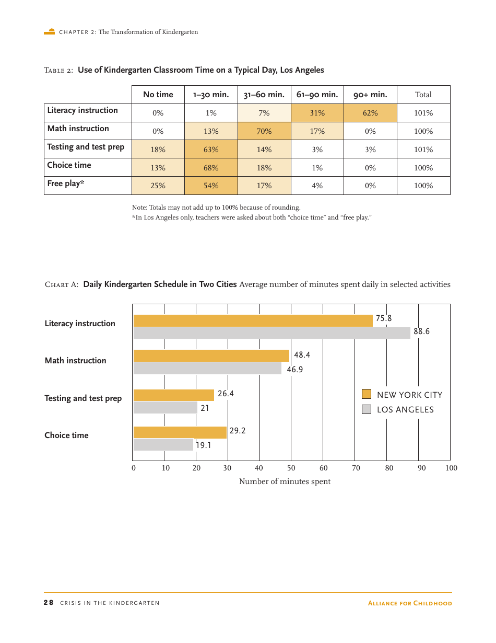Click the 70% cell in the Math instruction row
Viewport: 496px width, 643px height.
coord(264,131)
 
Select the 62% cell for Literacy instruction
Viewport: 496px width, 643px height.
coord(370,113)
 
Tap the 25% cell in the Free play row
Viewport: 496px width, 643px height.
coord(158,186)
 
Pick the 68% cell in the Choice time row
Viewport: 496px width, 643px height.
coord(211,168)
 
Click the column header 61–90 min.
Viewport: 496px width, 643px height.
coord(317,95)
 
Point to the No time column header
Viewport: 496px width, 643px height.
coord(158,95)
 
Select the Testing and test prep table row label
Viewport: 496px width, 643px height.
coord(86,147)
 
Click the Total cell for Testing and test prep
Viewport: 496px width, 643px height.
coord(423,150)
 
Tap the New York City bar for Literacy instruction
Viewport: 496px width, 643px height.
coord(253,320)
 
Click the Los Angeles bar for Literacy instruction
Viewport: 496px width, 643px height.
coord(271,333)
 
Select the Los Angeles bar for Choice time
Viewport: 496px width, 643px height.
coord(163,445)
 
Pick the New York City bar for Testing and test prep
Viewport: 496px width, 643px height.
coord(173,395)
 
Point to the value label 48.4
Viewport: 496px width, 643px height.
coord(302,355)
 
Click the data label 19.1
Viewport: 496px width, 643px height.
coord(204,445)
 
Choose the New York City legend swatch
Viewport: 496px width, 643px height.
coord(367,394)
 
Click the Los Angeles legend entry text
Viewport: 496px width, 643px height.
coord(405,410)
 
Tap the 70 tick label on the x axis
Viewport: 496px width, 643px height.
coord(356,468)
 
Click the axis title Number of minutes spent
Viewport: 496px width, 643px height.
coord(285,481)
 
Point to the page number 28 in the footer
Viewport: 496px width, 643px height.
coord(48,603)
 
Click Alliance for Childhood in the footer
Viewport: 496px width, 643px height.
coord(410,603)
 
